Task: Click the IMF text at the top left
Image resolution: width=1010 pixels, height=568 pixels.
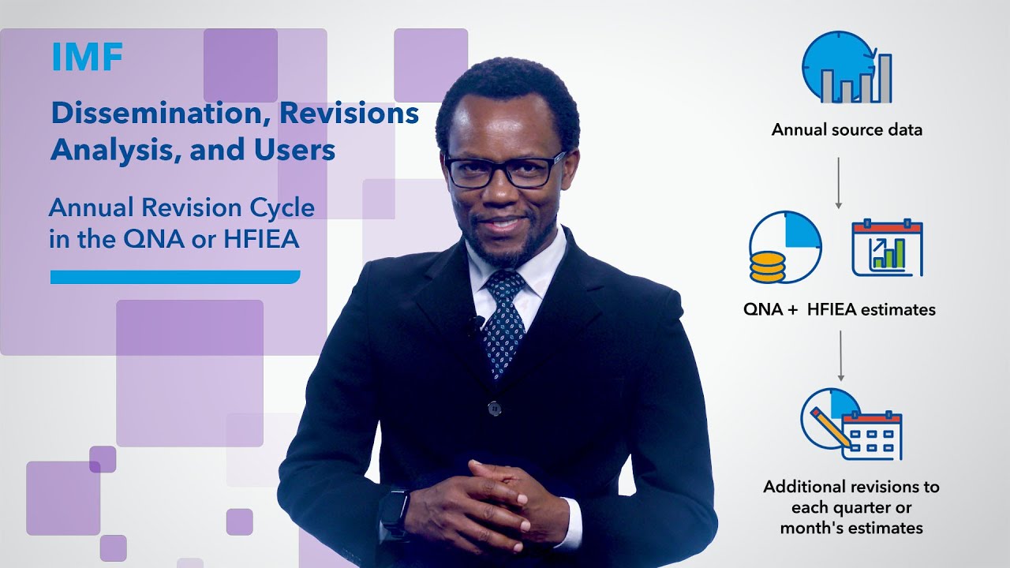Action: pyautogui.click(x=88, y=58)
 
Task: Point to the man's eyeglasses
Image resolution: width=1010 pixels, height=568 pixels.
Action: pyautogui.click(x=504, y=170)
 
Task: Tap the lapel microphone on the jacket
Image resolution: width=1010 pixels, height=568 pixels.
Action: pyautogui.click(x=477, y=323)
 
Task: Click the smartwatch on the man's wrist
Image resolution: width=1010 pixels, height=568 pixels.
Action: pyautogui.click(x=394, y=509)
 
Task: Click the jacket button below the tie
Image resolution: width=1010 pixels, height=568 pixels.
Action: pyautogui.click(x=495, y=408)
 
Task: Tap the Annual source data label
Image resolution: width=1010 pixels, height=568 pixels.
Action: pyautogui.click(x=847, y=129)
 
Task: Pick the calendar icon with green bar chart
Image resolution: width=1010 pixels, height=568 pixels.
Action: pyautogui.click(x=887, y=248)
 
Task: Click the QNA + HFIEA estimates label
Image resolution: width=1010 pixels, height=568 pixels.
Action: pyautogui.click(x=840, y=309)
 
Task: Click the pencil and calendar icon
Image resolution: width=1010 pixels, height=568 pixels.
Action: pyautogui.click(x=851, y=424)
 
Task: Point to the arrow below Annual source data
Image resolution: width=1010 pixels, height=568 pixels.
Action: pyautogui.click(x=839, y=183)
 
